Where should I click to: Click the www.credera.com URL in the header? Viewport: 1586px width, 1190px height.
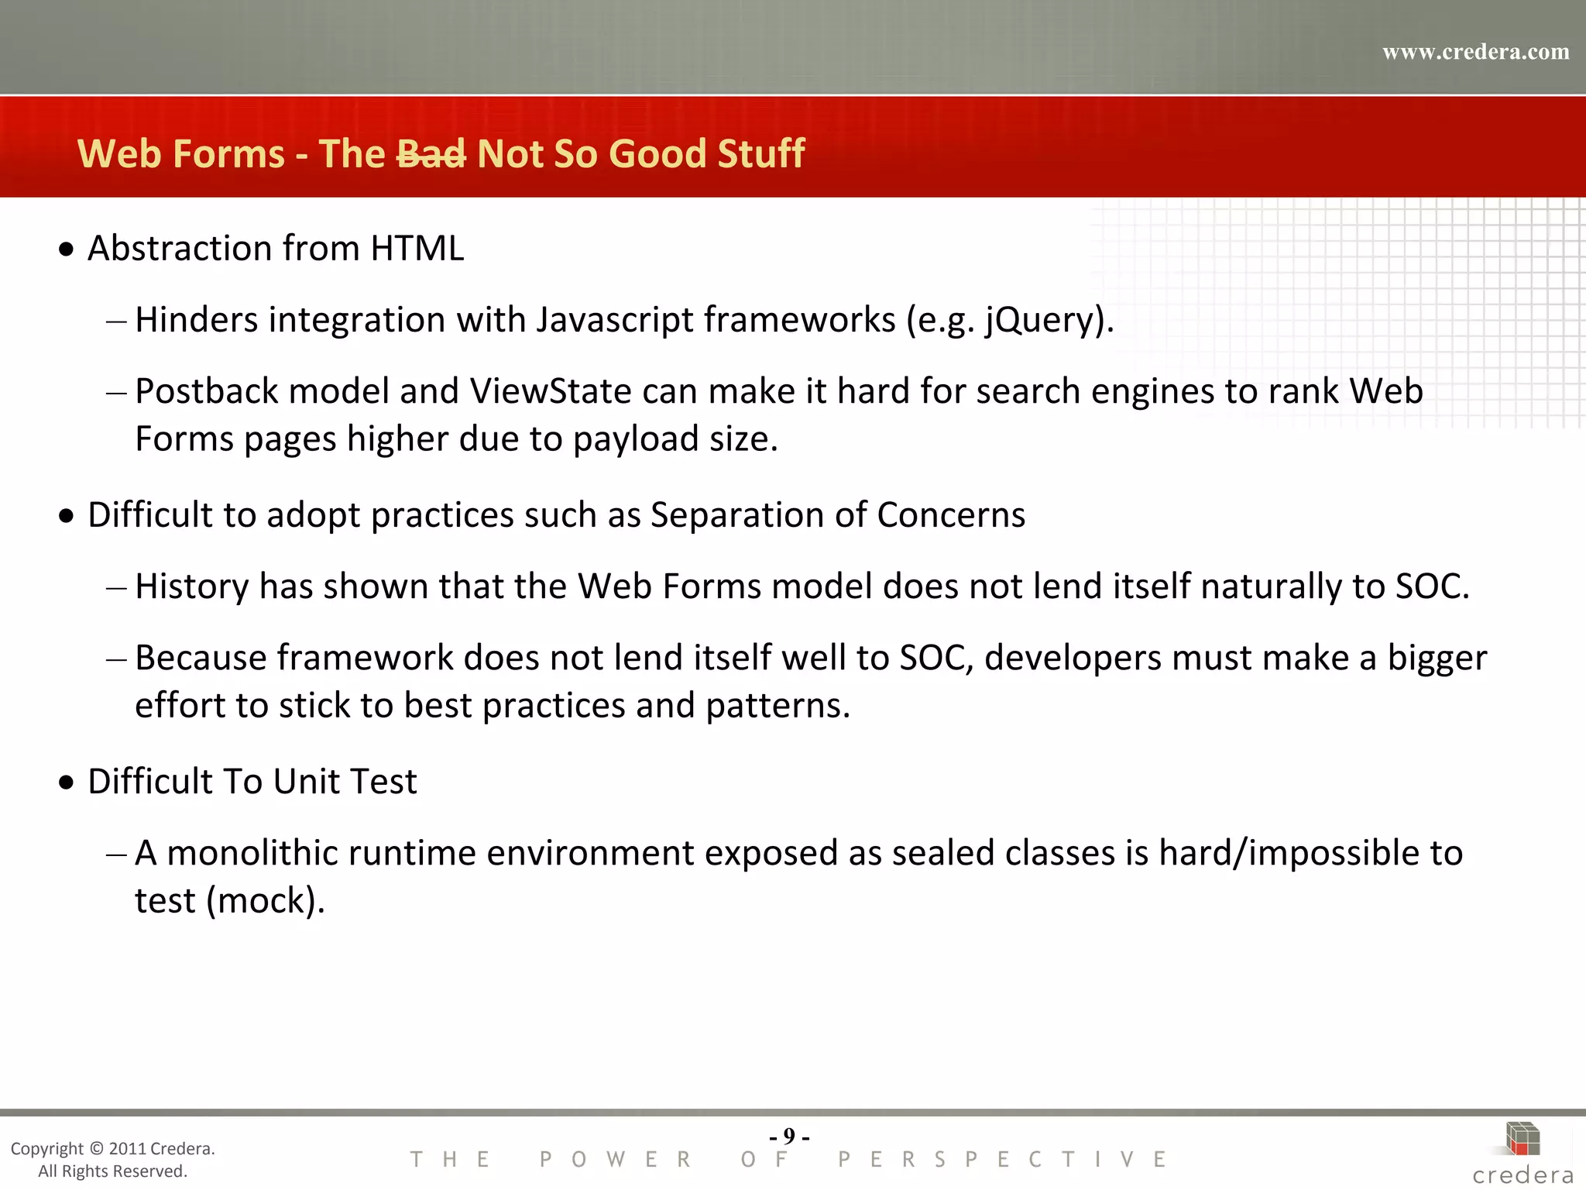click(1475, 52)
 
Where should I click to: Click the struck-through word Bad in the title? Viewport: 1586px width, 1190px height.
click(431, 153)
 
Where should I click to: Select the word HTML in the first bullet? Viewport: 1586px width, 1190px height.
click(417, 249)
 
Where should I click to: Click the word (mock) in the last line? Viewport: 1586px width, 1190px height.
click(266, 901)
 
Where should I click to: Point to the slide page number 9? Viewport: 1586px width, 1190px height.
click(789, 1136)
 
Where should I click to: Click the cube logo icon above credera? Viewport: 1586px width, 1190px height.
click(1522, 1139)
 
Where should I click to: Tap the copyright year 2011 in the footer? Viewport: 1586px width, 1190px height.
click(127, 1148)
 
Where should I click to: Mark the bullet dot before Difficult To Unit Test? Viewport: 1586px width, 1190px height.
click(67, 782)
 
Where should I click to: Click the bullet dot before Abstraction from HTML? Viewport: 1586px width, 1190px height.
click(67, 249)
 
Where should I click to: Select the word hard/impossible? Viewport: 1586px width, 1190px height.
click(1289, 853)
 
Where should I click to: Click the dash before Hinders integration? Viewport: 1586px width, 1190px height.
click(116, 321)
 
